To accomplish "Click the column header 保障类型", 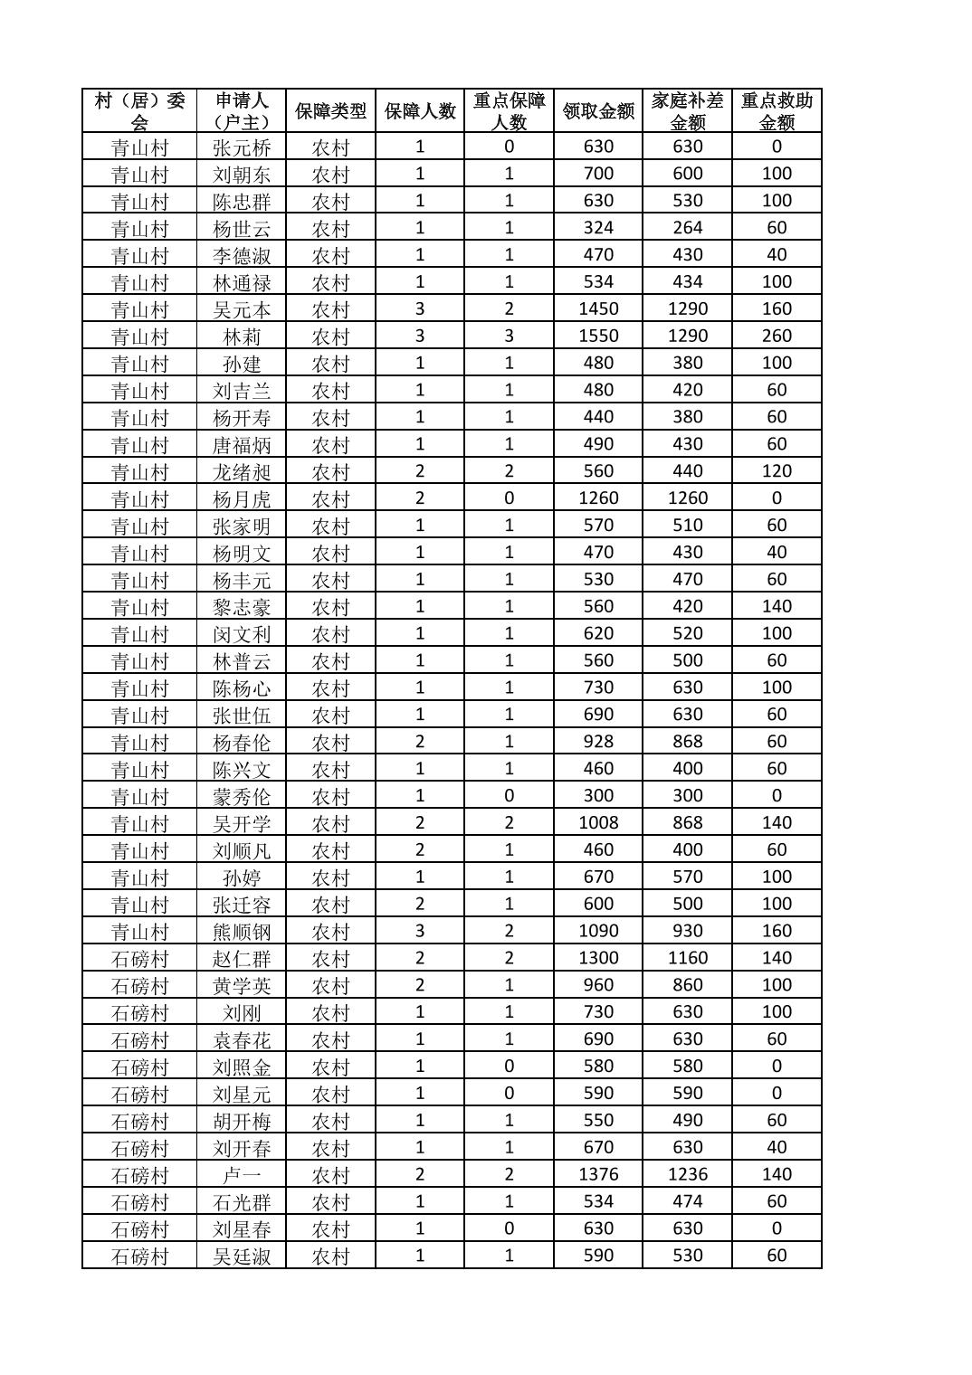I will coord(330,111).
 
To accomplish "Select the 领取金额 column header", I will coord(598,111).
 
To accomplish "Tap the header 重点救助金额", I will coord(777,111).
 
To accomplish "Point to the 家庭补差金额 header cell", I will coord(687,111).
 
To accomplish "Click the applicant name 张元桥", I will coord(242,147).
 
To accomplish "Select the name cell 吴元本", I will coord(242,309).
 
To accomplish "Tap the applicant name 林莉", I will coord(242,337).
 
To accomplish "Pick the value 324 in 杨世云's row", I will coord(598,228).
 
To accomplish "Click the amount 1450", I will coord(598,309).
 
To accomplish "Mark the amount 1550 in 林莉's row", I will coord(598,337).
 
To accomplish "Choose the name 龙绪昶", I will coord(242,471).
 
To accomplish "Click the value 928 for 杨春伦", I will coord(598,742).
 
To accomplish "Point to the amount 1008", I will coord(598,823).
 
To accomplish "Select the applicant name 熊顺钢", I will coord(242,931).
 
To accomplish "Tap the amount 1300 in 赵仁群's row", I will coord(598,958).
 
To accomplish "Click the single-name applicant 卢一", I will coord(242,1174).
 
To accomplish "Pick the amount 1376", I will coord(598,1174).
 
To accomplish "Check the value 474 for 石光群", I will coord(687,1201).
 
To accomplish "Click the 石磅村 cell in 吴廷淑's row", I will coord(139,1256).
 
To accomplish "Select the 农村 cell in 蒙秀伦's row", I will coord(330,796).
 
